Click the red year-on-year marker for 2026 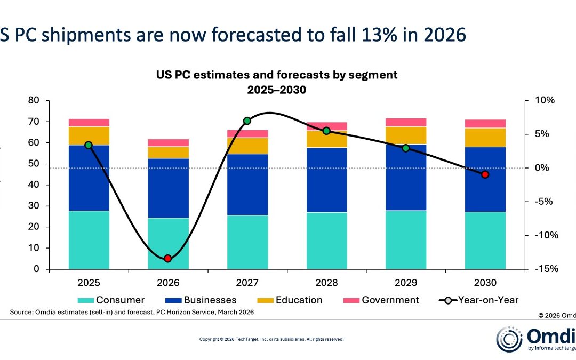[x=167, y=258]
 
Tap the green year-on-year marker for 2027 [x=247, y=121]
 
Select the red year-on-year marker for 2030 [x=485, y=174]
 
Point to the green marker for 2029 [x=406, y=148]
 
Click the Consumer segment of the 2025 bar [x=89, y=240]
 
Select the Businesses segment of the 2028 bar [x=326, y=180]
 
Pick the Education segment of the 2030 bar [x=485, y=137]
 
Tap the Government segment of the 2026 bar [x=168, y=142]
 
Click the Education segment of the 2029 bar [x=406, y=135]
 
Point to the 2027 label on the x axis [x=247, y=283]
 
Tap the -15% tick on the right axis [x=545, y=269]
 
